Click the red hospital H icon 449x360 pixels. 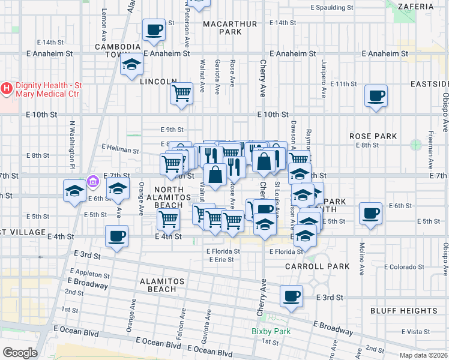point(7,89)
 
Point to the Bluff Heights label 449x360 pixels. point(403,311)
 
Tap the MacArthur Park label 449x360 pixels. point(229,28)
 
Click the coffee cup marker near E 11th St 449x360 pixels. point(376,95)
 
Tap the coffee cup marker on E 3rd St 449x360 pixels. point(291,296)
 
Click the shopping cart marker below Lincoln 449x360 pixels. point(181,93)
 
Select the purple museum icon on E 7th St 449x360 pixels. point(92,180)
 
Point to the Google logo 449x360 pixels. point(20,353)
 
